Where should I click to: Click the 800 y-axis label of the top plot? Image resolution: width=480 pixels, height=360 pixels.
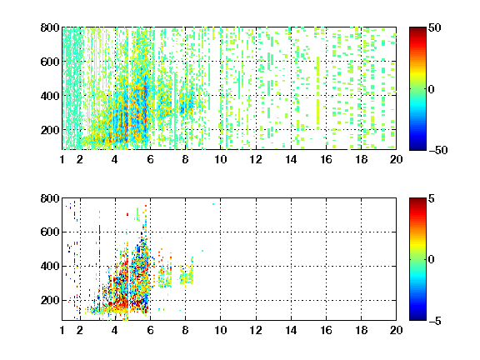pyautogui.click(x=50, y=27)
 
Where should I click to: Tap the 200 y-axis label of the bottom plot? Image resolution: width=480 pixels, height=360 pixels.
pyautogui.click(x=50, y=300)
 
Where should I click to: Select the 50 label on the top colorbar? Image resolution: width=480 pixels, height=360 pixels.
pyautogui.click(x=435, y=27)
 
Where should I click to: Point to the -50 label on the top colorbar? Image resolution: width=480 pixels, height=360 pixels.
pyautogui.click(x=437, y=150)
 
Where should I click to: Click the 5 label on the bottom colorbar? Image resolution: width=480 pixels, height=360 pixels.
pyautogui.click(x=432, y=198)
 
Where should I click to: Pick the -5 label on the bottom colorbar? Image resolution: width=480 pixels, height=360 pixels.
pyautogui.click(x=434, y=321)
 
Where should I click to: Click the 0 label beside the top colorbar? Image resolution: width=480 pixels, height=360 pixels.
pyautogui.click(x=432, y=89)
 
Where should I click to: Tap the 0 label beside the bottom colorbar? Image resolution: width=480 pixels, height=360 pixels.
pyautogui.click(x=432, y=260)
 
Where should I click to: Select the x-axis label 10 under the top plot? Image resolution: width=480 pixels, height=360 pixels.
pyautogui.click(x=220, y=159)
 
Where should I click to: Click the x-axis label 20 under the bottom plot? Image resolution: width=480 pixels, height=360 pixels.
pyautogui.click(x=396, y=330)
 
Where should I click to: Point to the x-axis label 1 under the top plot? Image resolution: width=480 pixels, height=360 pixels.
pyautogui.click(x=62, y=159)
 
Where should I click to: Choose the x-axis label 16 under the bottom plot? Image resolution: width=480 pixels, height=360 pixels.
pyautogui.click(x=326, y=330)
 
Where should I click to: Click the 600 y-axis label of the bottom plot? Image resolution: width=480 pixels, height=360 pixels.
pyautogui.click(x=50, y=232)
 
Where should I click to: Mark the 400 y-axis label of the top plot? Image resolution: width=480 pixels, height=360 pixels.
pyautogui.click(x=50, y=96)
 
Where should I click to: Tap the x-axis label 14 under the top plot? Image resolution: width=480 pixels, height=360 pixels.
pyautogui.click(x=291, y=159)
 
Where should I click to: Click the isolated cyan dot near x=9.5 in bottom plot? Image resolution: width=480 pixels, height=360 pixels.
pyautogui.click(x=213, y=204)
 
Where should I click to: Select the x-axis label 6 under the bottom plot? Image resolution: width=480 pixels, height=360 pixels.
pyautogui.click(x=150, y=330)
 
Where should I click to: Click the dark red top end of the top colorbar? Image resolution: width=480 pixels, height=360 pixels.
pyautogui.click(x=417, y=29)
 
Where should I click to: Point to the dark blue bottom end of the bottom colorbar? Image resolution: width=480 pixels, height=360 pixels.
pyautogui.click(x=417, y=318)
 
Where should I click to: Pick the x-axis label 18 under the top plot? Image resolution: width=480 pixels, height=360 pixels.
pyautogui.click(x=361, y=159)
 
